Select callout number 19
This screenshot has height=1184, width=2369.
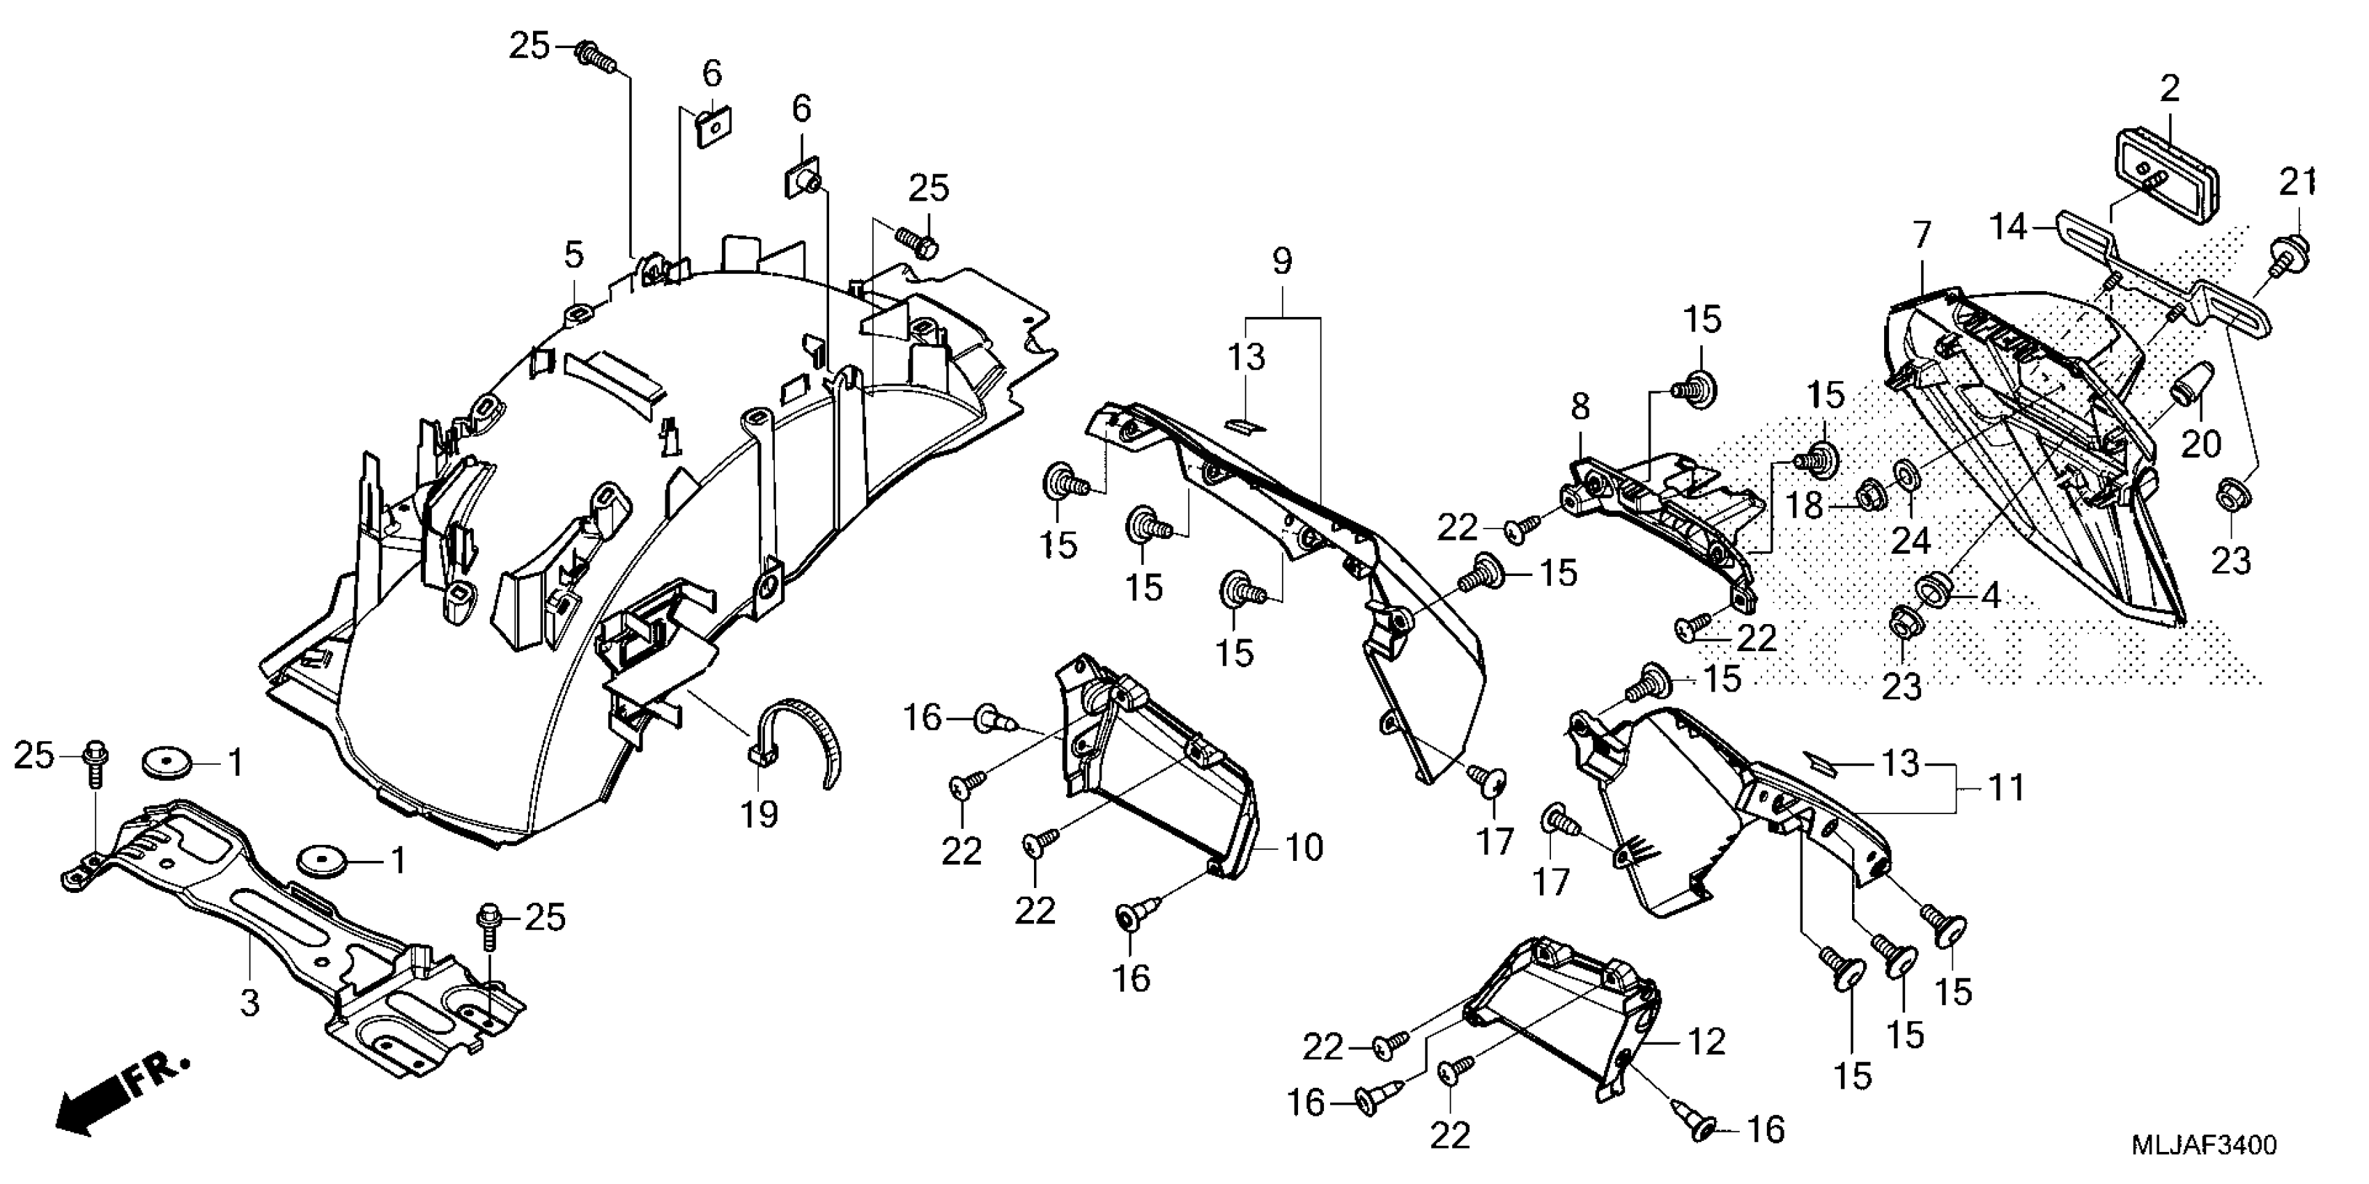point(759,813)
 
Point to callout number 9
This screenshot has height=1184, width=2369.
point(1282,261)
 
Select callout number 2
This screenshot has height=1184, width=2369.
point(2170,89)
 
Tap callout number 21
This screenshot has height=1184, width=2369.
point(2297,183)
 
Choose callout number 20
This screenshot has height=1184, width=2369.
point(2202,444)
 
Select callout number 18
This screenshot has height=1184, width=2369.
point(1805,506)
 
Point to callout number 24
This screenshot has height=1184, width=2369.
point(1910,540)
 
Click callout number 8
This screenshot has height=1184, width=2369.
point(1580,406)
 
